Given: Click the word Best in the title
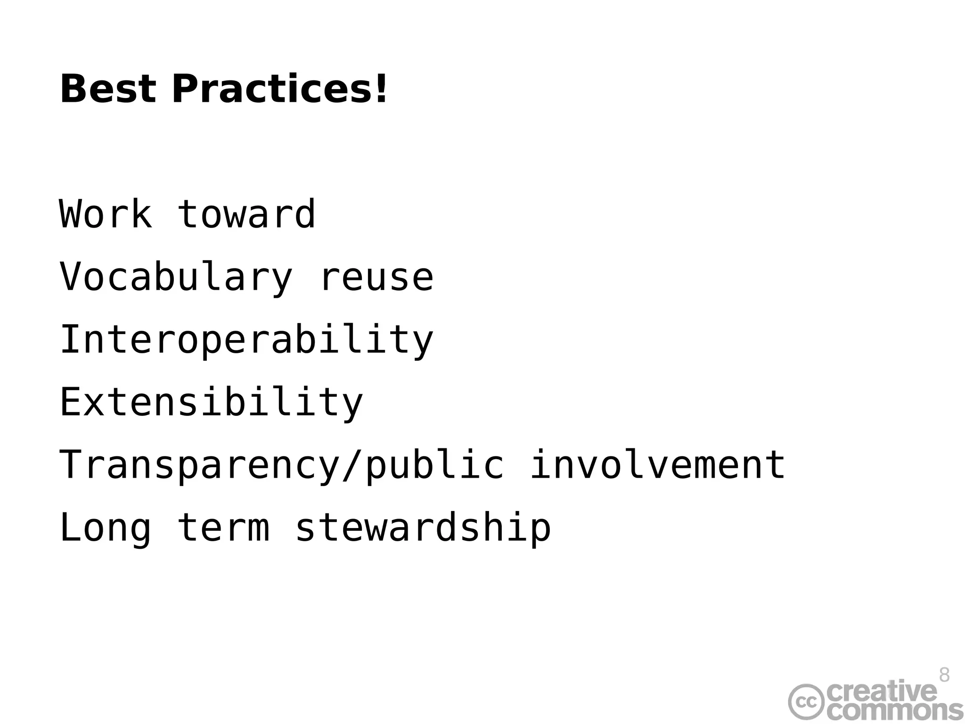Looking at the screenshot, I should [x=108, y=89].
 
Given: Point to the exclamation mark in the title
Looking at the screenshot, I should [x=381, y=89].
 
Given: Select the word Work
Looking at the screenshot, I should [x=106, y=214].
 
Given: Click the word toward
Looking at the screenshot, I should [x=246, y=214].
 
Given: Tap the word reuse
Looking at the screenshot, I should [x=376, y=277].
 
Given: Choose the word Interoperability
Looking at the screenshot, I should [x=246, y=340].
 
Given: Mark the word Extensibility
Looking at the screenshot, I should [x=211, y=403].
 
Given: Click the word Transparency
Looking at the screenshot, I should [x=199, y=465].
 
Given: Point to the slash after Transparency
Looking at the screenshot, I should [x=352, y=465].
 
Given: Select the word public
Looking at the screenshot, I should [x=434, y=465].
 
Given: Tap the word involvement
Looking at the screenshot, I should [x=658, y=465].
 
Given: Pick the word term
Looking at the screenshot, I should [x=223, y=528].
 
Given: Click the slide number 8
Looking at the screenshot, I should [x=944, y=675].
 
